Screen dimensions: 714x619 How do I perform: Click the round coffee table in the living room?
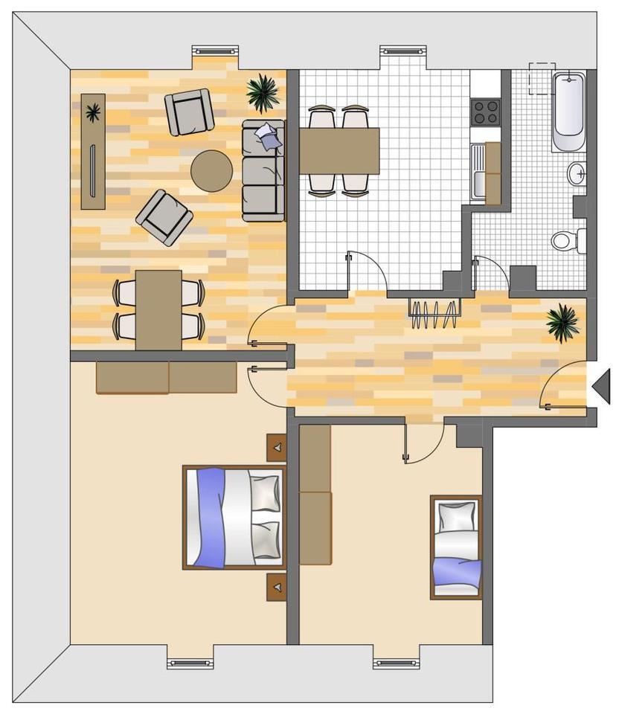coord(212,171)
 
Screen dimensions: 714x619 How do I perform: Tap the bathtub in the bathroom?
coord(568,108)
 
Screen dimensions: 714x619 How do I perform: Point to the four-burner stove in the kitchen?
coord(486,112)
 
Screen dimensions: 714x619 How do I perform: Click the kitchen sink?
coord(481,171)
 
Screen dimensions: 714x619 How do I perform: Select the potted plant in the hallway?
coord(562,323)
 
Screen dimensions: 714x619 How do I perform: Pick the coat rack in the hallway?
coord(434,312)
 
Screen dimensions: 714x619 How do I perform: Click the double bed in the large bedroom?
coord(234,517)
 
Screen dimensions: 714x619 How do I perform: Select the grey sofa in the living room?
coord(263,171)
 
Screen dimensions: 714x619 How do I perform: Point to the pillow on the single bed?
coord(456,515)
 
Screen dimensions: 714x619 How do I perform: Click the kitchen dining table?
coord(339,150)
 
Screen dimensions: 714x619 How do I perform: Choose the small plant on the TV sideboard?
coord(93,114)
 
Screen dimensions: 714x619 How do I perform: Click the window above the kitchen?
coord(404,51)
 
